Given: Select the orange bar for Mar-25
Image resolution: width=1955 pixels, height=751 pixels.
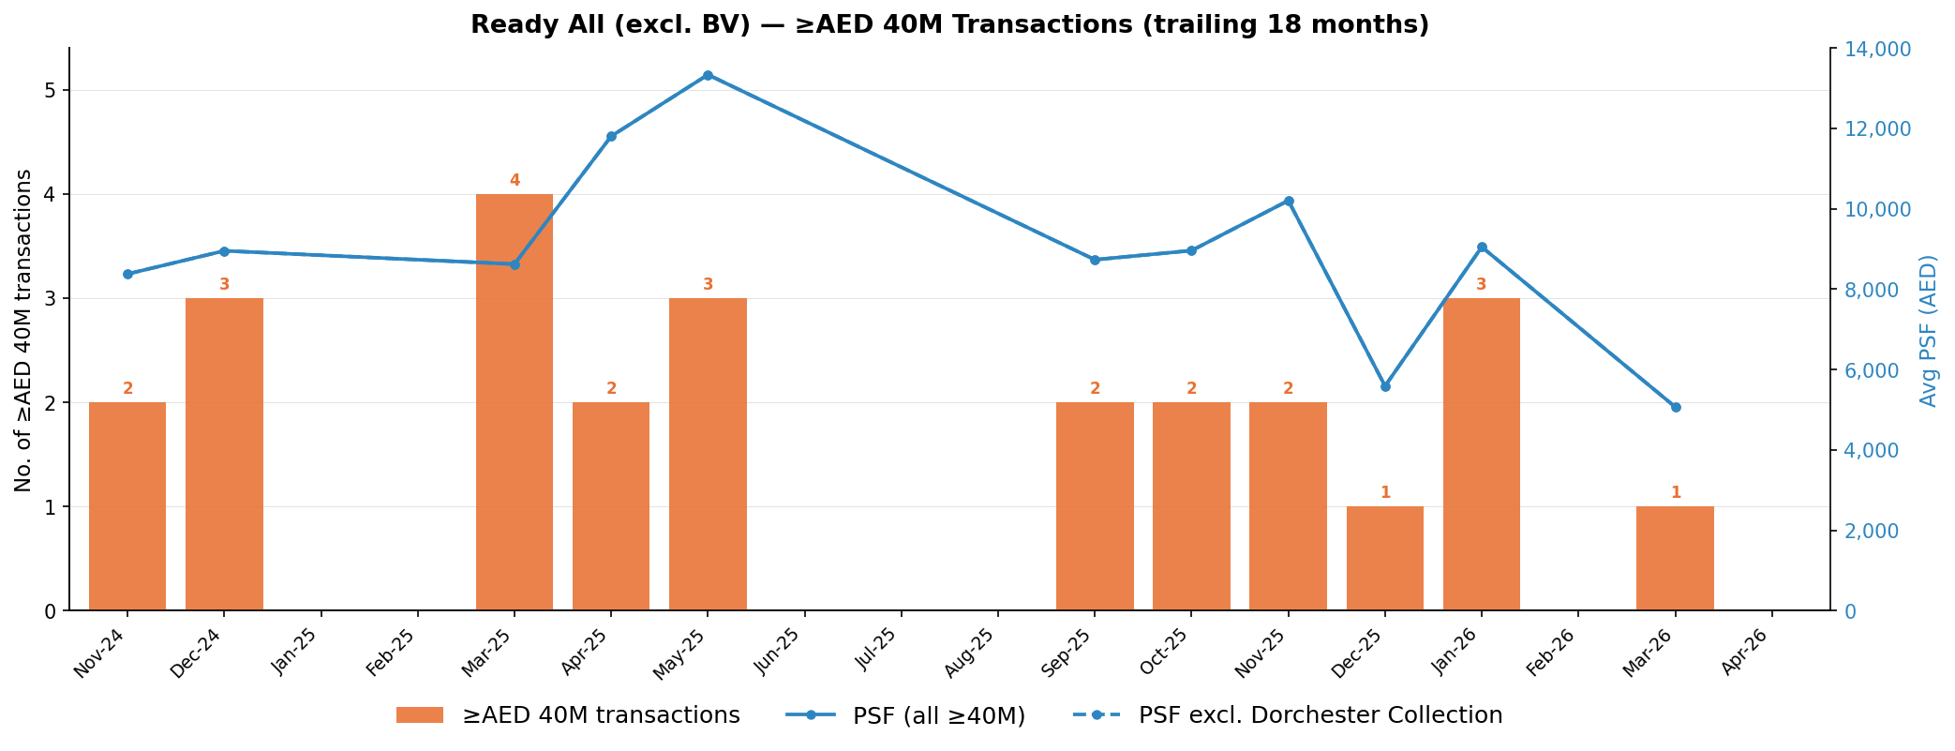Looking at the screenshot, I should (514, 402).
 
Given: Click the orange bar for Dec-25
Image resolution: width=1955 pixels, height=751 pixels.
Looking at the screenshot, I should (1384, 559).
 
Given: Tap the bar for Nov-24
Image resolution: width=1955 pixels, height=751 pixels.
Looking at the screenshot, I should (127, 506).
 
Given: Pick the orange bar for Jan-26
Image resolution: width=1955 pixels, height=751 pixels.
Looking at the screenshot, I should (1481, 455).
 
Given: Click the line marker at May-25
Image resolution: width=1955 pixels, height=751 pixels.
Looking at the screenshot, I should (708, 75).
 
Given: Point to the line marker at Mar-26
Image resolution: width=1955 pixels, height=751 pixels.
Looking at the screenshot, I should (1675, 407).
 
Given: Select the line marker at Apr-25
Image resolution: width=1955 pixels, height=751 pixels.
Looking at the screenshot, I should (611, 136).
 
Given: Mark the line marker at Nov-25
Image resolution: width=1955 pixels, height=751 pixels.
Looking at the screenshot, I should (1288, 201).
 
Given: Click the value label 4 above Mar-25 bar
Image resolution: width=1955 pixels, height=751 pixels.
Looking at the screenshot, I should (514, 181).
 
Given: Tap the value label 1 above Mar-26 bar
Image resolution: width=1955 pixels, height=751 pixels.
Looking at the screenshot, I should (1675, 493).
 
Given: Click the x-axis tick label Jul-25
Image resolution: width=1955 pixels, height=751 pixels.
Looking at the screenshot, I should (877, 651).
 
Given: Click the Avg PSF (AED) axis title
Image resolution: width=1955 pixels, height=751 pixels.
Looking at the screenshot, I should (1928, 330).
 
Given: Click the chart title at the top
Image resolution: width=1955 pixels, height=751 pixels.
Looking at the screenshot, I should (949, 25).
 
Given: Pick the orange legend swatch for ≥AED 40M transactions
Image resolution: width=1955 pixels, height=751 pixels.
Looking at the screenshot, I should (419, 715).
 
